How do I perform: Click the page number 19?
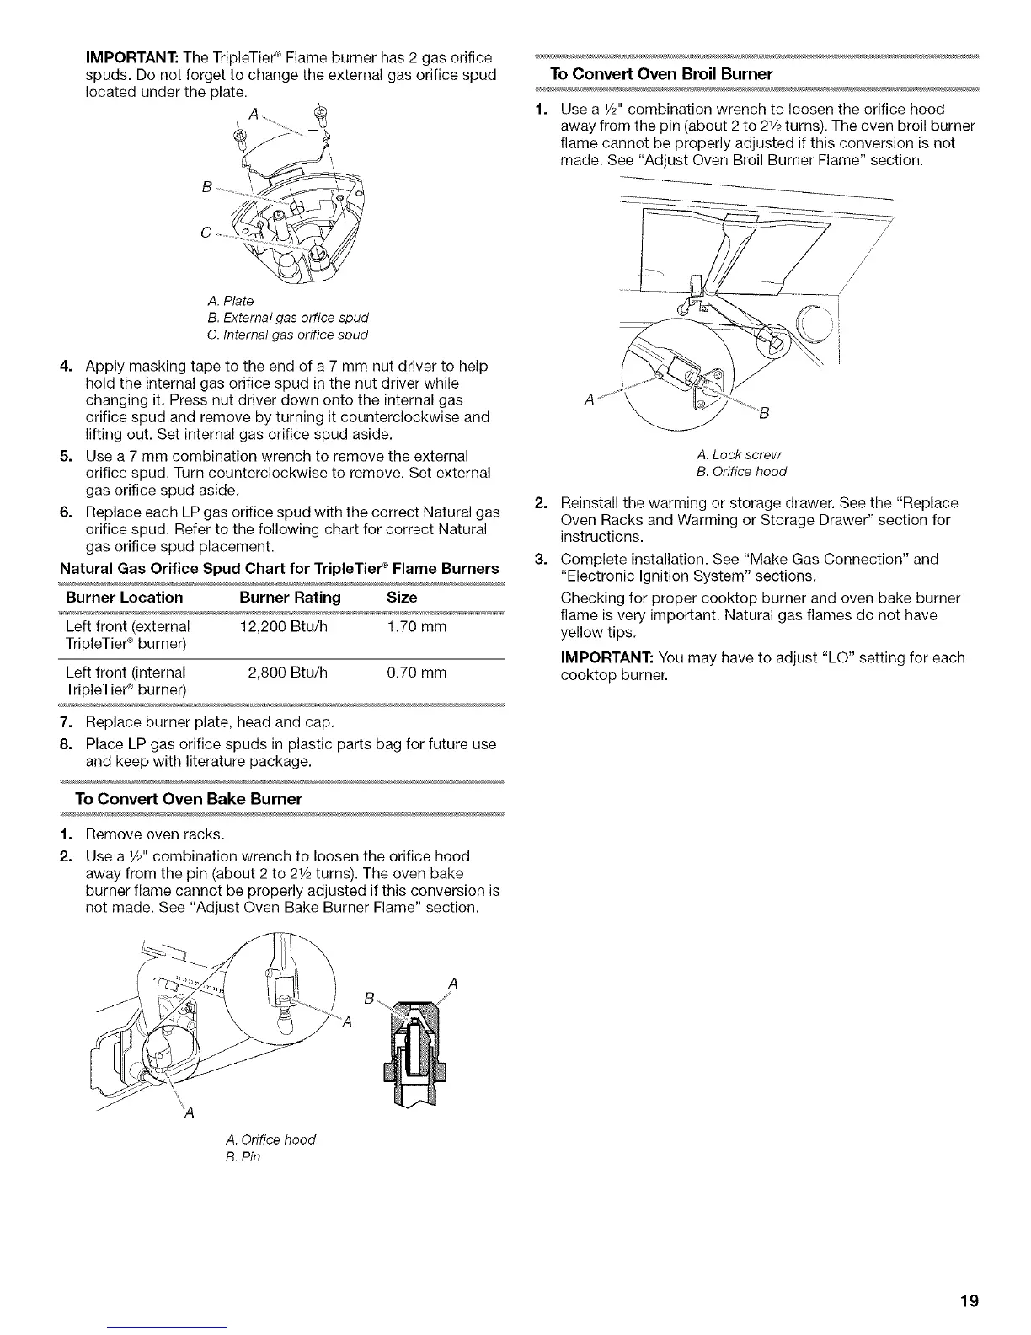tap(968, 1300)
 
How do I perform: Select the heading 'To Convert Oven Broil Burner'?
tap(660, 73)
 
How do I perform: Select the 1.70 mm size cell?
tap(416, 627)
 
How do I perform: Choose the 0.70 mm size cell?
tap(416, 673)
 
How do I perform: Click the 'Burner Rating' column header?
tap(290, 598)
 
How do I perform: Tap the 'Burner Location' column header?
tap(124, 598)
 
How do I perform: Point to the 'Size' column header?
tap(402, 598)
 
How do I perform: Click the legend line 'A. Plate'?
tap(229, 301)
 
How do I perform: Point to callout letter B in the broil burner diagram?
tap(764, 413)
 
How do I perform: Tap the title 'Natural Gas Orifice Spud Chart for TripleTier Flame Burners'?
tap(279, 568)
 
